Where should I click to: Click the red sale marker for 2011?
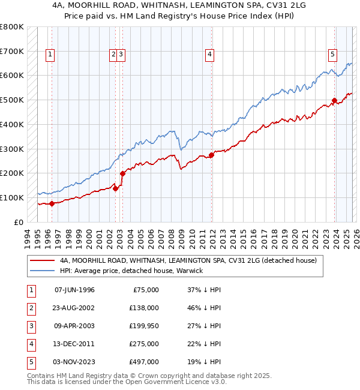pos(212,155)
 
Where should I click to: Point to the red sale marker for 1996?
pos(52,203)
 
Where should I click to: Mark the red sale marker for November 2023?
pos(335,101)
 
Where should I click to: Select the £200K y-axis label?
pos(12,173)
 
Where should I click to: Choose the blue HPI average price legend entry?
pos(131,271)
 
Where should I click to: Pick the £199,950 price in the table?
pos(144,326)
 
